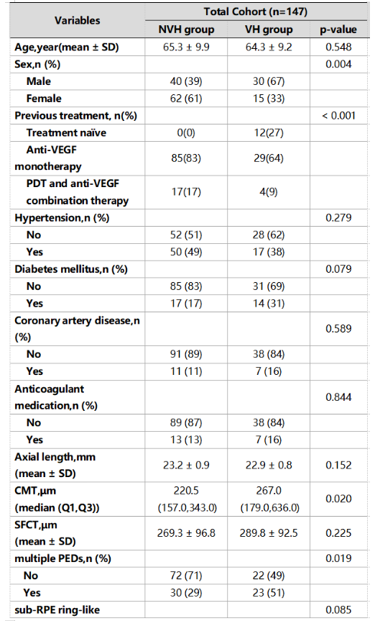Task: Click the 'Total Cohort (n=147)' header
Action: pyautogui.click(x=256, y=12)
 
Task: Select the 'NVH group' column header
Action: pyautogui.click(x=186, y=30)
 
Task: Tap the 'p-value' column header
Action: pyautogui.click(x=338, y=30)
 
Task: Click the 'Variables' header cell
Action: pyautogui.click(x=77, y=20)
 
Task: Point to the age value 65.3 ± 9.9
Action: pyautogui.click(x=186, y=47)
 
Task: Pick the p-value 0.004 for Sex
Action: pyautogui.click(x=338, y=64)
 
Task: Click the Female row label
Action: pyautogui.click(x=44, y=98)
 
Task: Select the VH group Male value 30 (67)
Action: pyautogui.click(x=269, y=81)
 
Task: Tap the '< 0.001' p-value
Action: pyautogui.click(x=338, y=116)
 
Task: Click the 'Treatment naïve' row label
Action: pyautogui.click(x=66, y=132)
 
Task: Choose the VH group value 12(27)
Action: pyautogui.click(x=269, y=132)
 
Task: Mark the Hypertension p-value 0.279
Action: pyautogui.click(x=338, y=218)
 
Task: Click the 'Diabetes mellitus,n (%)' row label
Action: pyautogui.click(x=71, y=269)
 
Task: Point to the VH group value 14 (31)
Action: pyautogui.click(x=269, y=304)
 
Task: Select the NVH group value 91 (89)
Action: pyautogui.click(x=186, y=354)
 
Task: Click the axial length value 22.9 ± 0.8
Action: pyautogui.click(x=269, y=465)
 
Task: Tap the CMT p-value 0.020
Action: pyautogui.click(x=338, y=499)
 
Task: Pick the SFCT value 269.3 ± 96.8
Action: pyautogui.click(x=186, y=533)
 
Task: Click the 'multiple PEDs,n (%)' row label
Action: pyautogui.click(x=63, y=558)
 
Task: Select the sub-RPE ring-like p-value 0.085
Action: pyautogui.click(x=338, y=610)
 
